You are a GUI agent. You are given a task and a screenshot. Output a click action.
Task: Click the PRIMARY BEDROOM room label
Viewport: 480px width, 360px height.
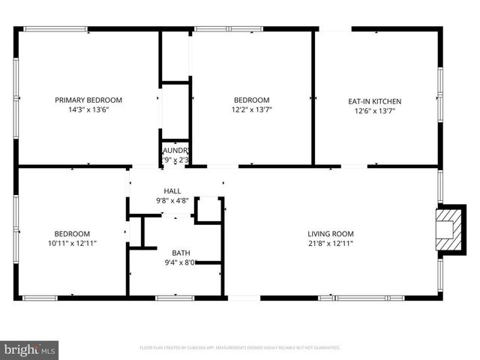point(88,100)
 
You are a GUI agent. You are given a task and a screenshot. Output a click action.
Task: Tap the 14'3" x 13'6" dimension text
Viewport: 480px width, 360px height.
point(88,110)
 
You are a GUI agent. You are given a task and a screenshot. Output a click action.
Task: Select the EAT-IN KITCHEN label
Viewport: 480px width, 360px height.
point(375,100)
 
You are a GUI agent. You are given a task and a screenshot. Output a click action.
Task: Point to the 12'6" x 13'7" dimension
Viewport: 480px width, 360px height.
point(375,111)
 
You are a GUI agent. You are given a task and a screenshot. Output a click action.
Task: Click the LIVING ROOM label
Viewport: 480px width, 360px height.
point(330,232)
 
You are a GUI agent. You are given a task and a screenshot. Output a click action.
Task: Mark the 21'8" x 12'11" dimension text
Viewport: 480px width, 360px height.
point(330,243)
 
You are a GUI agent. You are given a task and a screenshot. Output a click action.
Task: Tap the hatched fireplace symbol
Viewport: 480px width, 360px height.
point(447,228)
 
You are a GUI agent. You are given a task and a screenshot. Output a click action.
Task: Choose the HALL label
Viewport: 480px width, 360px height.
point(172,191)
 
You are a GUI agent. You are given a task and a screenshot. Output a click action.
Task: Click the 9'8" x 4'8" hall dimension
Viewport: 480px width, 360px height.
point(172,201)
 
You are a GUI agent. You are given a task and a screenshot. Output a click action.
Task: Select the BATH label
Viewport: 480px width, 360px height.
point(181,253)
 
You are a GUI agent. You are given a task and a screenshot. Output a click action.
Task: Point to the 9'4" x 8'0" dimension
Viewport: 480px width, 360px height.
point(181,262)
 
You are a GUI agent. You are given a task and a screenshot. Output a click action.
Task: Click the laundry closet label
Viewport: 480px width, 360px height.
point(175,151)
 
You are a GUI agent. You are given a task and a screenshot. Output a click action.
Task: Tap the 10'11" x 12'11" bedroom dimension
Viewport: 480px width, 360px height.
point(72,243)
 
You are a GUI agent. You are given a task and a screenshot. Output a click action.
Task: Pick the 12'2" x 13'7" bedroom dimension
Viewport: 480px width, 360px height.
point(252,111)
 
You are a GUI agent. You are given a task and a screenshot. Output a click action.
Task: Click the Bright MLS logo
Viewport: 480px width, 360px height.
point(30,349)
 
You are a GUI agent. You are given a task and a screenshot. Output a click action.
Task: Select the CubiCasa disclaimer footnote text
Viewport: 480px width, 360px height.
point(240,348)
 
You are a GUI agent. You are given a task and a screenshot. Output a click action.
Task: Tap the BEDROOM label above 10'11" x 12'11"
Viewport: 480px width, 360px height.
point(72,233)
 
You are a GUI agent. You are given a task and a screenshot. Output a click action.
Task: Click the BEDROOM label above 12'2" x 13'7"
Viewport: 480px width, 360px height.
point(252,100)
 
